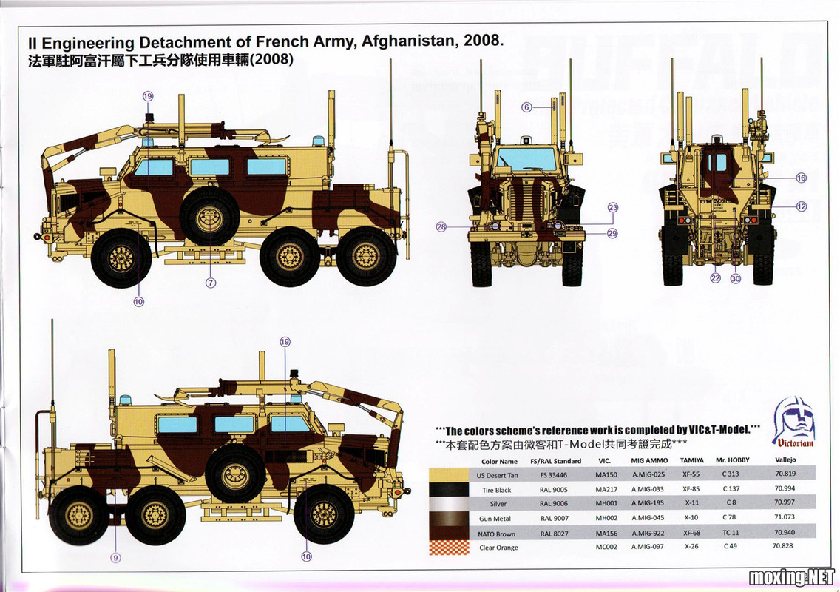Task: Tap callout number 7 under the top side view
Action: (x=210, y=283)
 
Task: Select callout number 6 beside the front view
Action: (x=526, y=107)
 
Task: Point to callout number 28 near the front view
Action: (x=441, y=227)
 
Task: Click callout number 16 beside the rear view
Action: (x=802, y=178)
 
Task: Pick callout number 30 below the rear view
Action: (x=734, y=279)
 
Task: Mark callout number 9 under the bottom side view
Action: (x=116, y=557)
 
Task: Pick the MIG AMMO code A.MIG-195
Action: (x=648, y=504)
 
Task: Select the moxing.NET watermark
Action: (x=791, y=576)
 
